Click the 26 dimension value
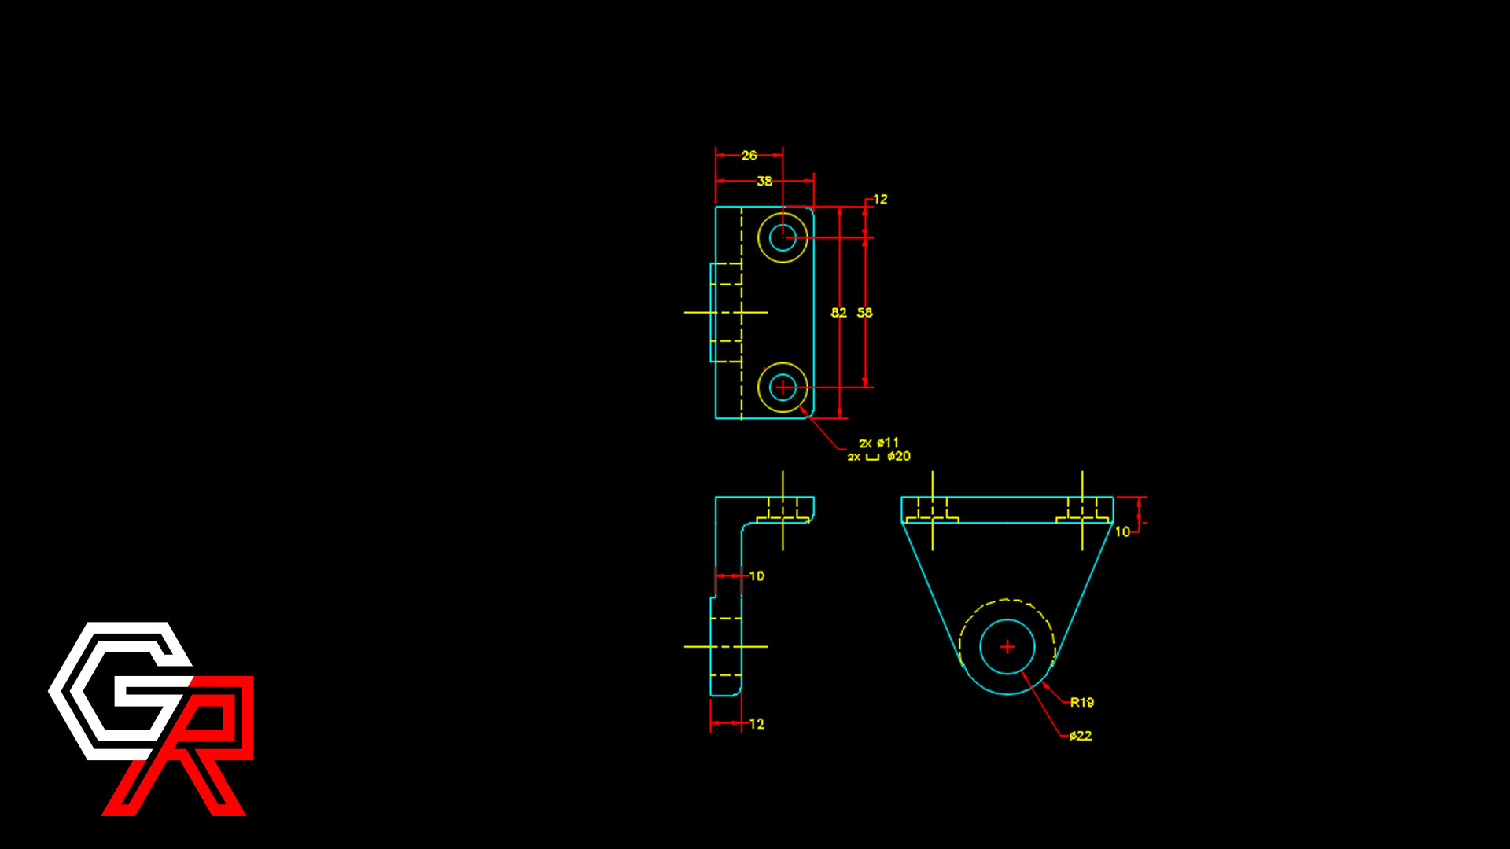coord(749,156)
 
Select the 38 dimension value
coord(764,182)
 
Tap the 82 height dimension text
coord(839,313)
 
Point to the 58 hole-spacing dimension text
coord(865,313)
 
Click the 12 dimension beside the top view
coord(880,200)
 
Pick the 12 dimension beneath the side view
coord(757,724)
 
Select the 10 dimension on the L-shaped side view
coord(757,576)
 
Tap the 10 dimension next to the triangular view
coord(1122,532)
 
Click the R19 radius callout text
coord(1082,703)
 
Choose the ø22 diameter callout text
coord(1081,736)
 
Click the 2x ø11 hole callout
coord(878,443)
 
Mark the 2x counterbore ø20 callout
coord(879,457)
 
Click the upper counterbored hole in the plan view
coord(783,237)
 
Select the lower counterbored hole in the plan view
coord(783,388)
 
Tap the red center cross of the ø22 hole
coord(1007,647)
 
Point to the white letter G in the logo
coord(120,691)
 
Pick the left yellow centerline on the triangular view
coord(933,511)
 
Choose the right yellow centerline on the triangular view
coord(1082,511)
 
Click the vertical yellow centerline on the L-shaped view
coord(783,511)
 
